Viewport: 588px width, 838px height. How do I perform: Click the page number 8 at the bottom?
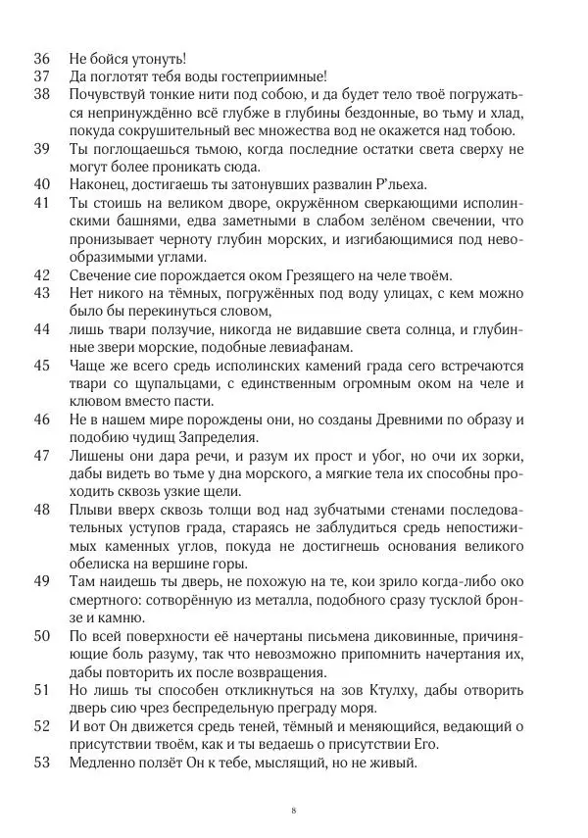click(x=294, y=811)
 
